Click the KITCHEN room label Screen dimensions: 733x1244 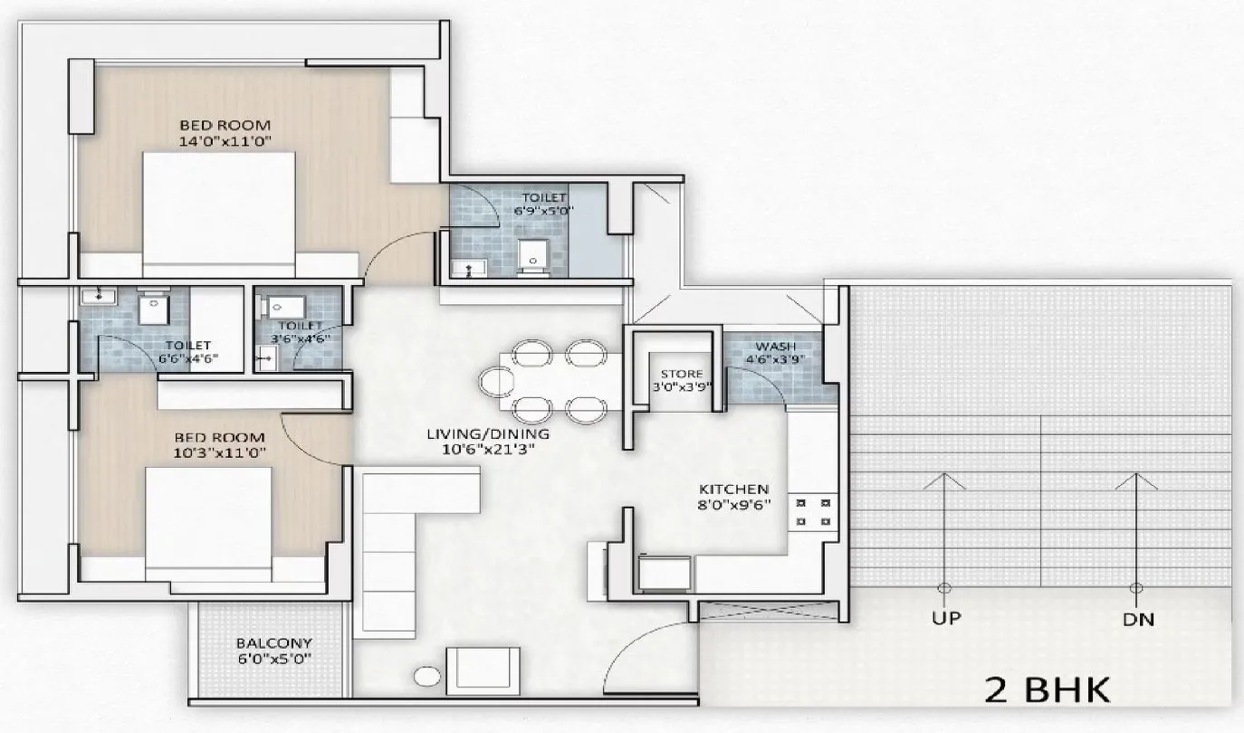[x=732, y=489]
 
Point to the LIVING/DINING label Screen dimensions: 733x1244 [x=489, y=433]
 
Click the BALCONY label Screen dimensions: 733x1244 [x=268, y=643]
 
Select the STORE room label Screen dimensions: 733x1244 [x=681, y=374]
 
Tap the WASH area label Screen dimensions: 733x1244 [x=775, y=347]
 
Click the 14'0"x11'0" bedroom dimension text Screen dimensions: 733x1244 [x=225, y=140]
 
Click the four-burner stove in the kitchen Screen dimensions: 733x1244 [x=812, y=511]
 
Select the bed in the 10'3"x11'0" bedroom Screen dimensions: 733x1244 [x=209, y=522]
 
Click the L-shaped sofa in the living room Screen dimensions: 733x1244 [x=398, y=534]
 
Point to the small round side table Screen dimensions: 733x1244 [x=426, y=677]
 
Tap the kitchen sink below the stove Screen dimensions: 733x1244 [x=665, y=572]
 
